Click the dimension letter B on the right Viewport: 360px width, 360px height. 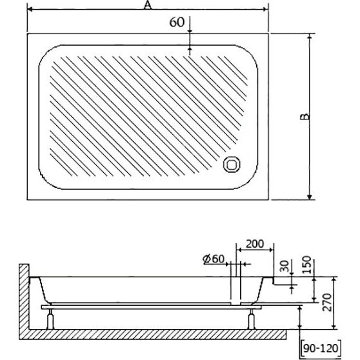pyautogui.click(x=305, y=117)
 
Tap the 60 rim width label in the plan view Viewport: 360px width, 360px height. pyautogui.click(x=177, y=23)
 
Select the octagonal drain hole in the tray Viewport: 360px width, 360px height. pyautogui.click(x=232, y=165)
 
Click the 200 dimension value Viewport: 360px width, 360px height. pyautogui.click(x=255, y=244)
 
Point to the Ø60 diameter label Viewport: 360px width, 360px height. pyautogui.click(x=214, y=259)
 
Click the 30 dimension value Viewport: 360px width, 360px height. pyautogui.click(x=285, y=266)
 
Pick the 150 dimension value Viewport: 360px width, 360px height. pyautogui.click(x=306, y=265)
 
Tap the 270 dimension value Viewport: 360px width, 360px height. pyautogui.click(x=327, y=302)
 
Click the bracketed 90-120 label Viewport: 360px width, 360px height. pyautogui.click(x=321, y=348)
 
